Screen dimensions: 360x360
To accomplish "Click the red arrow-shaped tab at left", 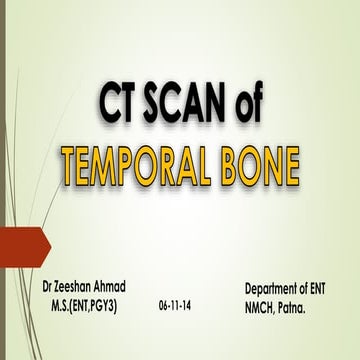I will (x=23, y=246).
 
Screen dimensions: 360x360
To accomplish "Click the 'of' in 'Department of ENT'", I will (x=308, y=288).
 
